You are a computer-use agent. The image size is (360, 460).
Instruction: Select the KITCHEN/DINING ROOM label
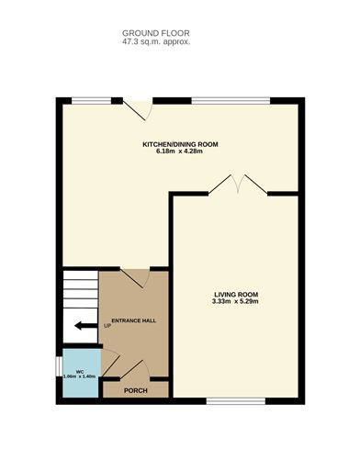point(180,144)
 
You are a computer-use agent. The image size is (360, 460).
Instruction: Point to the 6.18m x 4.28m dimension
point(180,152)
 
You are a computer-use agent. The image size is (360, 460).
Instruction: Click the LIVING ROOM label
point(235,292)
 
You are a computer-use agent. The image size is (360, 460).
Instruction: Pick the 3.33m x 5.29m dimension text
point(235,300)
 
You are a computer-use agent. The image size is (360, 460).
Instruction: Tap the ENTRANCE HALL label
point(133,319)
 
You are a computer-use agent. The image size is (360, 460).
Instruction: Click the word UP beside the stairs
point(107,326)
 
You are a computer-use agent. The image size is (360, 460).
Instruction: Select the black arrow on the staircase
point(84,325)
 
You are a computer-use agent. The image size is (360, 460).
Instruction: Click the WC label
point(80,371)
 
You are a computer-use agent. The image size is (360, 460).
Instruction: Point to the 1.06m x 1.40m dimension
point(81,377)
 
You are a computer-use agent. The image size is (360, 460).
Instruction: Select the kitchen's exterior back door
point(138,107)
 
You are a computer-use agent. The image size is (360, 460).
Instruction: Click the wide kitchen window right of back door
point(231,99)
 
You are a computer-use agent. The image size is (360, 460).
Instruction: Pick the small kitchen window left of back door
point(87,99)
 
